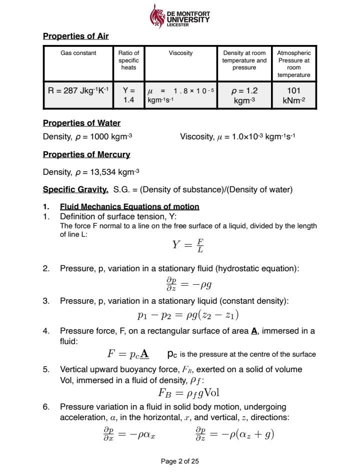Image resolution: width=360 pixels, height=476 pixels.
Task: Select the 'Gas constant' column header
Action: click(x=78, y=53)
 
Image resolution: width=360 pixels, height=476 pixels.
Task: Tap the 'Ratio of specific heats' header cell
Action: click(x=129, y=60)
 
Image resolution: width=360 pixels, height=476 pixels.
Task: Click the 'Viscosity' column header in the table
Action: click(x=180, y=53)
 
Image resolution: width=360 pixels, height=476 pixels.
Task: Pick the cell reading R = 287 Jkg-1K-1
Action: click(x=78, y=91)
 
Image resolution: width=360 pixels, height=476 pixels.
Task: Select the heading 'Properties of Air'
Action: click(x=75, y=36)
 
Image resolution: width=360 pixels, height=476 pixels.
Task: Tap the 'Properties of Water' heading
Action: click(x=81, y=123)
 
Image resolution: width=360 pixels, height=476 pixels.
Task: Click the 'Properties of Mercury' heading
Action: click(x=86, y=154)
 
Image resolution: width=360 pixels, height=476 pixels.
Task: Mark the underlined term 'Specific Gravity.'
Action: click(x=75, y=189)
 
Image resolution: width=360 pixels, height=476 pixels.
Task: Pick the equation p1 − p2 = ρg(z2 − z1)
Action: click(x=188, y=315)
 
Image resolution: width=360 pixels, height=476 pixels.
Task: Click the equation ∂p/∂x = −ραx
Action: click(x=129, y=434)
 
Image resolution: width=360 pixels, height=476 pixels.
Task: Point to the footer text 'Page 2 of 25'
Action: click(x=180, y=461)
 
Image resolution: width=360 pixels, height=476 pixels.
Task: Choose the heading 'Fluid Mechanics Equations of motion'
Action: click(x=129, y=207)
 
